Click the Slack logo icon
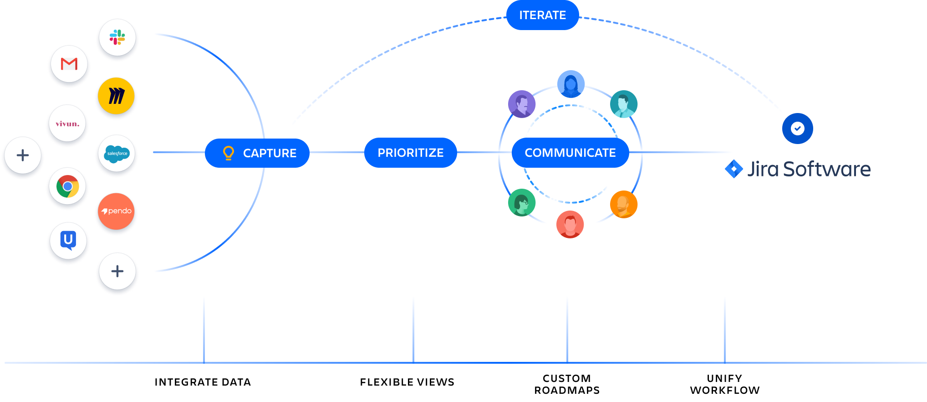117,37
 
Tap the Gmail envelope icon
69,64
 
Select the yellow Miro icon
117,96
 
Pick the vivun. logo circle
67,124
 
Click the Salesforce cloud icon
117,154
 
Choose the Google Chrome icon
68,186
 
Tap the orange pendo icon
116,211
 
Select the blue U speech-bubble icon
68,240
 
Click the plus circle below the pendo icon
117,271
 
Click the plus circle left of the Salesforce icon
23,155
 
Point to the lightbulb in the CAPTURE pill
228,153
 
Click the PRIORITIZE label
410,153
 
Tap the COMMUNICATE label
570,153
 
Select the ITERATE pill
542,15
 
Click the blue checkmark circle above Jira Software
797,129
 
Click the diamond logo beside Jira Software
734,169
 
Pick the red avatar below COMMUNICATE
570,224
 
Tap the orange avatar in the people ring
623,204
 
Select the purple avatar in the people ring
522,104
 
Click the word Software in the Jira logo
826,169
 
